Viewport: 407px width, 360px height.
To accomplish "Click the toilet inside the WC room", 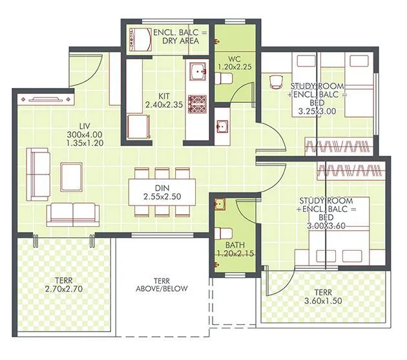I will click(225, 78).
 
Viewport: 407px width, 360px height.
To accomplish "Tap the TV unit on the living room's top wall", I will click(47, 100).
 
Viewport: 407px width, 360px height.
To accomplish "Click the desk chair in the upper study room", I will click(276, 81).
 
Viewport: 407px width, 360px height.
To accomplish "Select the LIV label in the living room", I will click(84, 125).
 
